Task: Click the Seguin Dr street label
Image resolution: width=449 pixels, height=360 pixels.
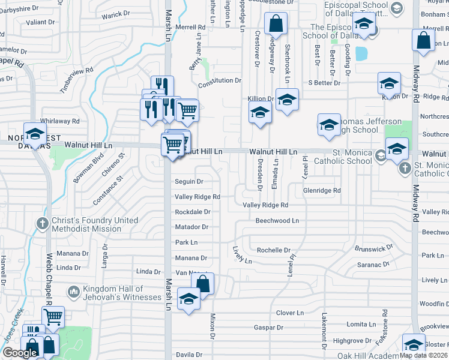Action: (x=188, y=181)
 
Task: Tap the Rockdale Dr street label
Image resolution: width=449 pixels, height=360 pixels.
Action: (x=192, y=212)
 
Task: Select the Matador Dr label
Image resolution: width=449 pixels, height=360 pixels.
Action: (x=191, y=227)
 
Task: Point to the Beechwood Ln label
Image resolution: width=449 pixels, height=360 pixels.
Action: (x=277, y=221)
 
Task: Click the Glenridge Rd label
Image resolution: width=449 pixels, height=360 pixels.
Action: (x=322, y=190)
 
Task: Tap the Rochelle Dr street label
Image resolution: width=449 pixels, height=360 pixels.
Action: (x=273, y=250)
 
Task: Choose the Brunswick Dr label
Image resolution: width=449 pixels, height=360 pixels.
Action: (x=374, y=247)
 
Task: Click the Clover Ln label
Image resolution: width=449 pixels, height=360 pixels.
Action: (x=290, y=313)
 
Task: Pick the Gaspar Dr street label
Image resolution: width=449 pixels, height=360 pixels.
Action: (x=268, y=328)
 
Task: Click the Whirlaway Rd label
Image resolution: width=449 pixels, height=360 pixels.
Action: (x=60, y=121)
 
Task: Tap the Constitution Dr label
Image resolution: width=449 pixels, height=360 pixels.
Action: (x=219, y=80)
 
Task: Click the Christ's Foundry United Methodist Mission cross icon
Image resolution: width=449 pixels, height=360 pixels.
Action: (x=42, y=224)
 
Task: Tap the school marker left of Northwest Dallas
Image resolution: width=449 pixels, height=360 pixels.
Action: (x=35, y=134)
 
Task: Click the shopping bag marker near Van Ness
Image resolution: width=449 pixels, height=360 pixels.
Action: (x=203, y=284)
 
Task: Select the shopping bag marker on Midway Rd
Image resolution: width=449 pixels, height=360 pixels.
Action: (x=423, y=40)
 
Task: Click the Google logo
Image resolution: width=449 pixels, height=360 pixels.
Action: (x=20, y=353)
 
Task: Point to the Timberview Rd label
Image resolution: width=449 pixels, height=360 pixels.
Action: (x=77, y=78)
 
